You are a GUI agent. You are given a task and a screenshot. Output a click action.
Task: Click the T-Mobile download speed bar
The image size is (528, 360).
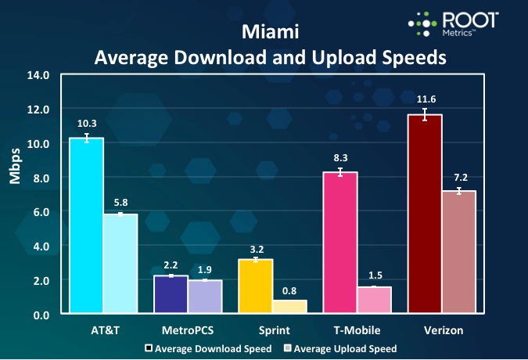click(340, 243)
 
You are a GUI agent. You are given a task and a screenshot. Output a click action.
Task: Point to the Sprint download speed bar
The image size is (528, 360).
click(255, 286)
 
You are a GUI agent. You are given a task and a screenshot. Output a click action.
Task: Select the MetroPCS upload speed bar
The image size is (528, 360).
click(205, 297)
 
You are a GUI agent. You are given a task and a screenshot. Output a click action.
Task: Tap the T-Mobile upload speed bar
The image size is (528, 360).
click(374, 301)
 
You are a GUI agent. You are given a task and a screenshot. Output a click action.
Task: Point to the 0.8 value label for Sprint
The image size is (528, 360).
click(289, 290)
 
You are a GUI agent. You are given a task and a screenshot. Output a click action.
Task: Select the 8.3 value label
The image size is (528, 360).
click(340, 157)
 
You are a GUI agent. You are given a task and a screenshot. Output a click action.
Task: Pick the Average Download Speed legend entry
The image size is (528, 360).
click(207, 348)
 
